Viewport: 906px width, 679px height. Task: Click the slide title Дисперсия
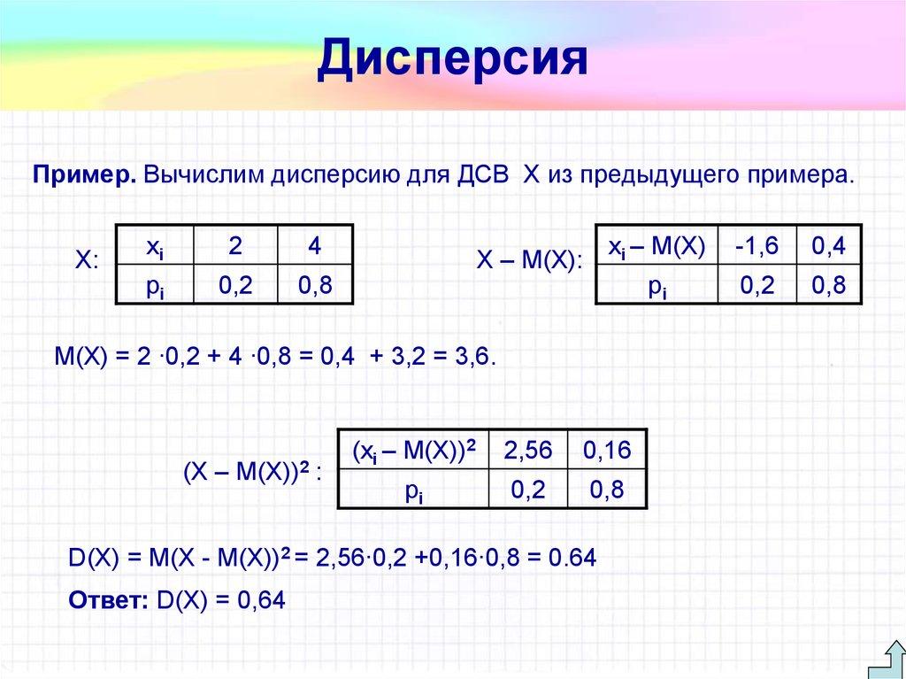click(x=452, y=58)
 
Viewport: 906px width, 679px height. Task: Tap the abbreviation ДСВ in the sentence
click(x=482, y=174)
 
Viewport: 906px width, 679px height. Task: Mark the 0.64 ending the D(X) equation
click(x=572, y=559)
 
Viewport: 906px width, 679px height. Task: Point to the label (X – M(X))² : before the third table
click(x=252, y=471)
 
